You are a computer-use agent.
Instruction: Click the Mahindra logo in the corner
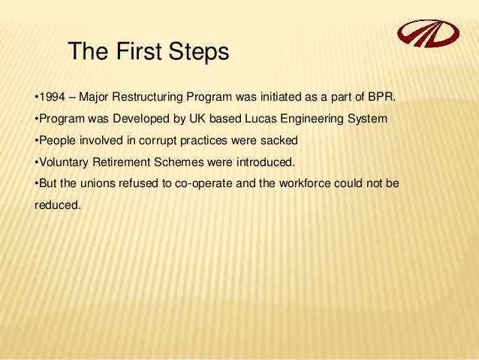tap(426, 33)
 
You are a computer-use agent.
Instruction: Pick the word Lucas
tap(252, 119)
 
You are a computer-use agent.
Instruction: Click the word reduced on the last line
tap(56, 203)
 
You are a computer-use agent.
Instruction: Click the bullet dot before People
tap(37, 140)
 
